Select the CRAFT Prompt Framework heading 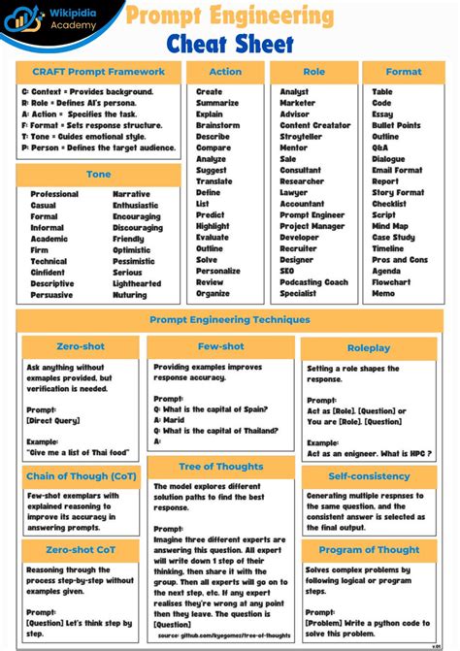98,72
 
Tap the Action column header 225,72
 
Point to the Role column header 314,72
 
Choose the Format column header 404,72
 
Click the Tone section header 98,175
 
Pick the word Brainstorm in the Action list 217,126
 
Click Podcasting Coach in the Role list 313,282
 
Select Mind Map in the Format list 390,226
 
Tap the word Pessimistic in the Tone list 134,261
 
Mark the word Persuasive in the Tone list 51,295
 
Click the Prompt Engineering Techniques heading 230,319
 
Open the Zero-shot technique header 81,346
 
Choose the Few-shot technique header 219,346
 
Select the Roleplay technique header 369,347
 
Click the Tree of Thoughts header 221,467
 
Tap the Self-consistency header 369,476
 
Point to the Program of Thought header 369,550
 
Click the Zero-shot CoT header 81,550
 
